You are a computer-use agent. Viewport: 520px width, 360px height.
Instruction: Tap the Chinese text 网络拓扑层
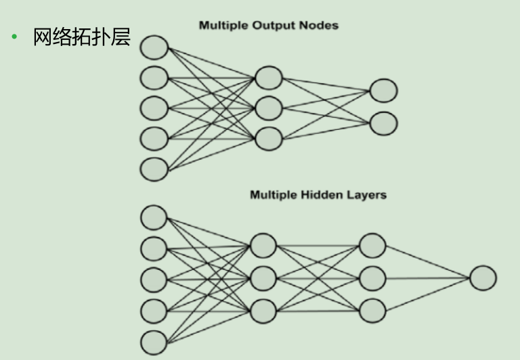[81, 37]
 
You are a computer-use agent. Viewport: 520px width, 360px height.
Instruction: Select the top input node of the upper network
[154, 47]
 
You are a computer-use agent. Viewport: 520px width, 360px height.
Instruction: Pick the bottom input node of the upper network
[154, 168]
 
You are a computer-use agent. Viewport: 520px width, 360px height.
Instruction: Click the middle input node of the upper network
[154, 108]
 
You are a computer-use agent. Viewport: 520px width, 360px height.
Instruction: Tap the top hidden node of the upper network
[268, 78]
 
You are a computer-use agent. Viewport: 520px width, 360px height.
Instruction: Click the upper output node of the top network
[383, 91]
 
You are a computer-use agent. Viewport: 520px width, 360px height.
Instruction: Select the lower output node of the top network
[383, 123]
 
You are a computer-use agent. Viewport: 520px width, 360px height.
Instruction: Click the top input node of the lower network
[154, 217]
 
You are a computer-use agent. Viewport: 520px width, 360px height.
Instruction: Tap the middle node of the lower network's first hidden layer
[263, 278]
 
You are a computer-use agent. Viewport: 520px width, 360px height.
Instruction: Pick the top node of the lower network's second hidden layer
[372, 245]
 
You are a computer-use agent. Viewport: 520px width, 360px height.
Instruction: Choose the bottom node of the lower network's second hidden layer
[372, 310]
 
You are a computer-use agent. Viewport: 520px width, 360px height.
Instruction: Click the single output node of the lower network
[483, 278]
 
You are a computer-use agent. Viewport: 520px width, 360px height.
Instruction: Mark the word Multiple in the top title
[223, 26]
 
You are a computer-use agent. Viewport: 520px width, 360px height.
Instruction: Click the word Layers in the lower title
[367, 195]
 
